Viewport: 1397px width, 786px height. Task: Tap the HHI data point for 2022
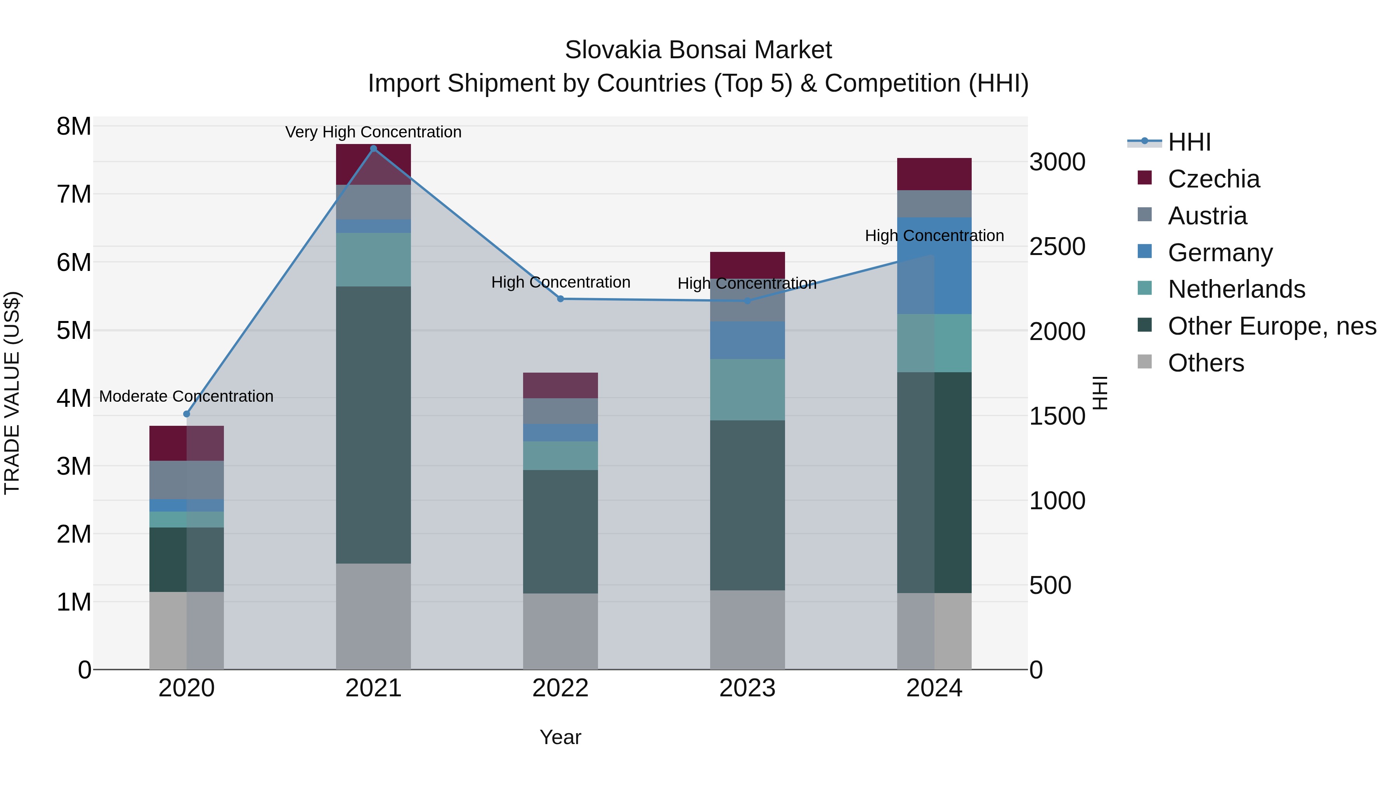point(560,299)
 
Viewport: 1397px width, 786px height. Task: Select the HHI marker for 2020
point(187,414)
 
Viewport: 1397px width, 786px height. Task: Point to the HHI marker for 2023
point(747,300)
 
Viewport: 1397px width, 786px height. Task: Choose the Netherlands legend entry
point(1236,289)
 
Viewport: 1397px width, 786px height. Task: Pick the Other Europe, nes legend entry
point(1271,326)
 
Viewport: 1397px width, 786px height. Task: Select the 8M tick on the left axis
point(74,127)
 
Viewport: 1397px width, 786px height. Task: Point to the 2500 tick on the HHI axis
point(1057,247)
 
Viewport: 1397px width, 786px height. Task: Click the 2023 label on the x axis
point(747,688)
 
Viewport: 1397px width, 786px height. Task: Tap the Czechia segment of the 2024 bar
point(934,174)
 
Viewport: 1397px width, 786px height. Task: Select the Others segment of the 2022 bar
point(560,631)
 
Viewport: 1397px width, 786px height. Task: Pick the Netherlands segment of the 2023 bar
point(747,389)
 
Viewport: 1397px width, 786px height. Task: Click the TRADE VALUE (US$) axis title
point(12,393)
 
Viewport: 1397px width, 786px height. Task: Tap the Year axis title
point(560,737)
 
